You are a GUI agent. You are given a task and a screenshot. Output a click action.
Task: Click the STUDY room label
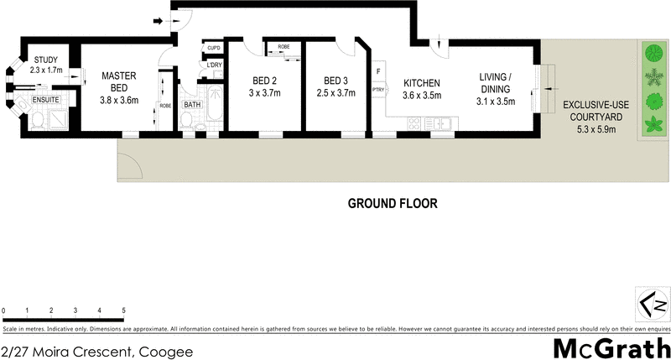tap(45, 60)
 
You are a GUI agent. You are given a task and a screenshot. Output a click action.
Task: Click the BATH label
tap(193, 105)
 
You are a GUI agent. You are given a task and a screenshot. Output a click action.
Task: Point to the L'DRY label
tap(214, 65)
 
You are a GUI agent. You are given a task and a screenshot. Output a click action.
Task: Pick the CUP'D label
tap(213, 50)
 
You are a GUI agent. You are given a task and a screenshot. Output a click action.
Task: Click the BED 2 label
tap(266, 87)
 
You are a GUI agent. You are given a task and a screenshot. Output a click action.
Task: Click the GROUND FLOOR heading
tap(393, 204)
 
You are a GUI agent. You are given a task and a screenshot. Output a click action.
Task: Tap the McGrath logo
tap(611, 347)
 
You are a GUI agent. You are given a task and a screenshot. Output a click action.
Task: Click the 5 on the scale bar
tap(123, 310)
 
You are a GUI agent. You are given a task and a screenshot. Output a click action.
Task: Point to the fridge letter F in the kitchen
tap(378, 70)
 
